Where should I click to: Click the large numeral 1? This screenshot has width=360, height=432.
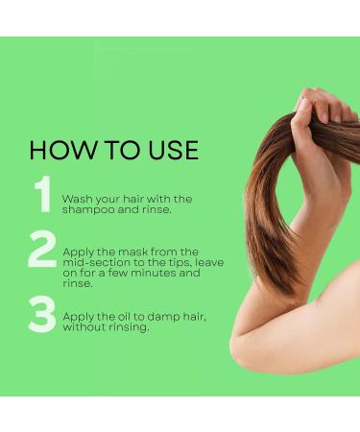(x=42, y=195)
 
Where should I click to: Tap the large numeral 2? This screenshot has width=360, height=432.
(x=42, y=252)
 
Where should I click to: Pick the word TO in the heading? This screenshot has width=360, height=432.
(x=113, y=151)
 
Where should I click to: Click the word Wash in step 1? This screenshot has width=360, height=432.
(x=77, y=199)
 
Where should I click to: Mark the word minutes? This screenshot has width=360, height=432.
(x=142, y=274)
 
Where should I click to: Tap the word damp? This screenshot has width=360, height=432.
(x=161, y=316)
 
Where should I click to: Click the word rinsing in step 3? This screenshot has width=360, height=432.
(x=129, y=327)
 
